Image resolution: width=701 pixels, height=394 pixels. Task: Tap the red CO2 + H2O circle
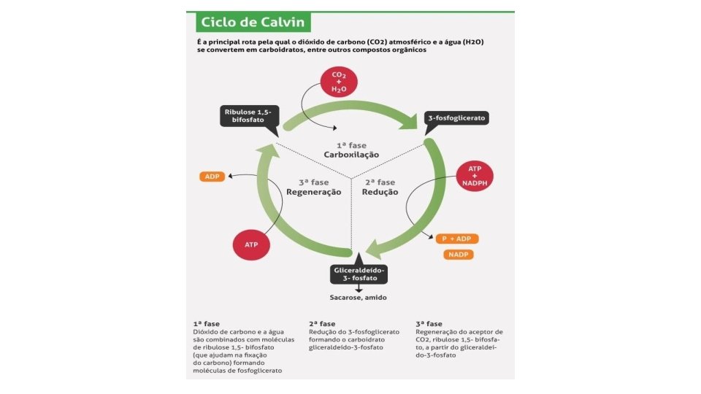[x=339, y=80]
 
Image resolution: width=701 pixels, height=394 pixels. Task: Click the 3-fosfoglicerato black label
[x=456, y=117]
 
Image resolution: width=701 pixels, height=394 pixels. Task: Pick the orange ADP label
[x=212, y=177]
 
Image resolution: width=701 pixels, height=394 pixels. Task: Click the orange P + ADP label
[x=456, y=239]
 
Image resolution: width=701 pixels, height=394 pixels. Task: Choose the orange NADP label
[x=459, y=255]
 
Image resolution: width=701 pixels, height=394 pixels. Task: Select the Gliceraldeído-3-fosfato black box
[x=358, y=274]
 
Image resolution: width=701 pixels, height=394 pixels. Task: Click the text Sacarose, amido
[x=358, y=297]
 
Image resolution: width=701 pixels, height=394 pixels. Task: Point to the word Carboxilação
[x=352, y=155]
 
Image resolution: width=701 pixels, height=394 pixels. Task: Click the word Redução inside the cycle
[x=380, y=192]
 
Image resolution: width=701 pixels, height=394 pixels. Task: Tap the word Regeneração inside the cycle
[x=314, y=192]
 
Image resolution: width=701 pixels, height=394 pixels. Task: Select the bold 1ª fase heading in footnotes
[x=207, y=323]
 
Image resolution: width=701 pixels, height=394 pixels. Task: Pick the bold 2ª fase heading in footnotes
[x=323, y=323]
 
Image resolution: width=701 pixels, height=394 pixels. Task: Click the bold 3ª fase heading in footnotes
[x=429, y=323]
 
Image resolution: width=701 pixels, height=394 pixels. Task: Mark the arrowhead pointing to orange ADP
[x=229, y=177]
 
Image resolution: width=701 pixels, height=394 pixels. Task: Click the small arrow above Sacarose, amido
[x=358, y=289]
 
